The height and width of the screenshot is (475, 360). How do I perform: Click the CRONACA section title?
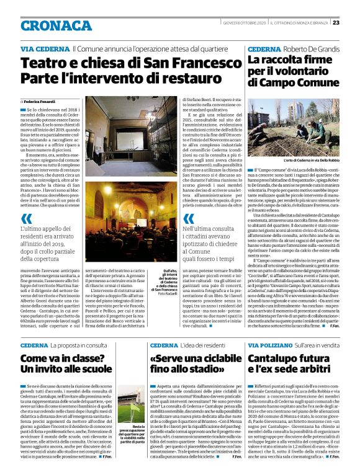(55, 25)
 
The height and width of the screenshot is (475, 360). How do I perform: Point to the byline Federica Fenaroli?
(41, 100)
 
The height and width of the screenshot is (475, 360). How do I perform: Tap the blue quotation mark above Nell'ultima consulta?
(189, 218)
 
